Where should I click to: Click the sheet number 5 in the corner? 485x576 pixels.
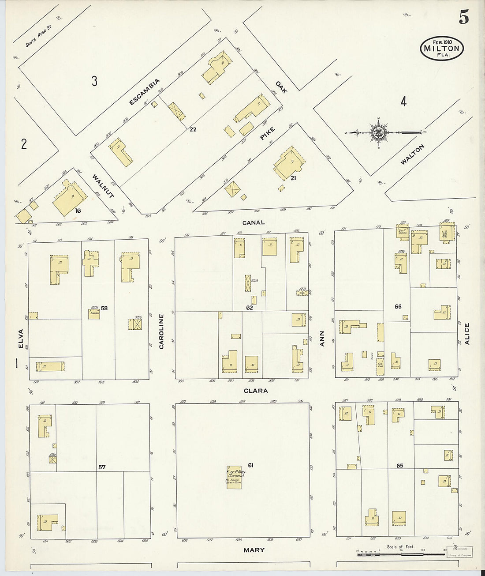tap(463, 17)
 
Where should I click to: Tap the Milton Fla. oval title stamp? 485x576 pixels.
tap(441, 48)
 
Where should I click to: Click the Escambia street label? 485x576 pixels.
tap(144, 92)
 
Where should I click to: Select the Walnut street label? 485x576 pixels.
tap(103, 186)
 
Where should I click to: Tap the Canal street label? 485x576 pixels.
tap(254, 222)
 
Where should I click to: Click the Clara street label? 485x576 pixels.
tap(255, 391)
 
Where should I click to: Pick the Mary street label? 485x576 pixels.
tap(254, 550)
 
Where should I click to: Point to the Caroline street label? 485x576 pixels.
tap(161, 331)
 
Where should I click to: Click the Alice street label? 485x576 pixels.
tap(467, 334)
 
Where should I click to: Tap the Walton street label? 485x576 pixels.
tap(412, 154)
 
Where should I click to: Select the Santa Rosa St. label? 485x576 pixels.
tap(39, 35)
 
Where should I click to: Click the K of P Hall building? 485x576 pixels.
tap(234, 477)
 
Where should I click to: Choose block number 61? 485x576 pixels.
tap(251, 465)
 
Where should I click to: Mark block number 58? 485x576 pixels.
tap(104, 308)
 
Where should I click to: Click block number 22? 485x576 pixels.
tap(193, 129)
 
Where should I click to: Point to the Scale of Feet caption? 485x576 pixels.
tap(400, 546)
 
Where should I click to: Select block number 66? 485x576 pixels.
tap(398, 306)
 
